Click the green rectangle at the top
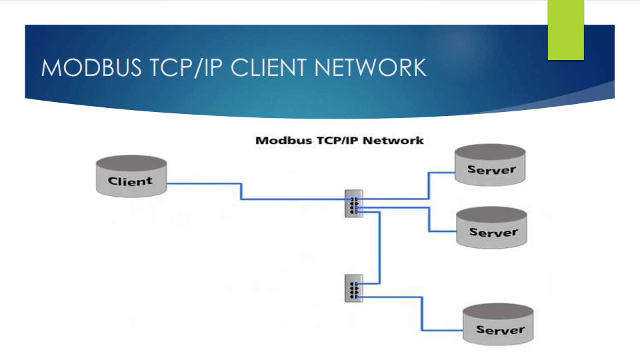click(565, 29)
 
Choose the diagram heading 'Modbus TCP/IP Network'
click(340, 141)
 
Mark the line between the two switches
click(379, 247)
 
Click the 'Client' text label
click(131, 181)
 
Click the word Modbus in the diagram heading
click(279, 141)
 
